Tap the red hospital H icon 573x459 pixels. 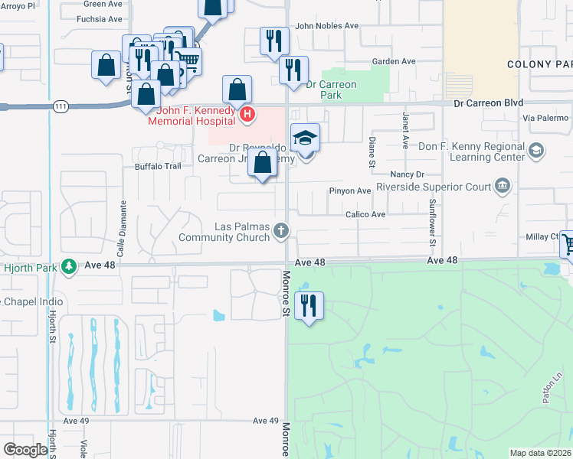247,116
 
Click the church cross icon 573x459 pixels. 282,230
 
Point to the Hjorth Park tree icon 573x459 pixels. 70,265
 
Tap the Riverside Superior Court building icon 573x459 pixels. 503,184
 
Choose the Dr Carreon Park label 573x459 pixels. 331,90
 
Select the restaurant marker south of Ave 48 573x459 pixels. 309,305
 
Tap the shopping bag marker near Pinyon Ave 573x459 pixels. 263,164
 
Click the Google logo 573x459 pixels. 25,450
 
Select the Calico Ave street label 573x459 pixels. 365,215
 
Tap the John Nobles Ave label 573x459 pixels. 327,25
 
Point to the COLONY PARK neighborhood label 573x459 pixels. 539,64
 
